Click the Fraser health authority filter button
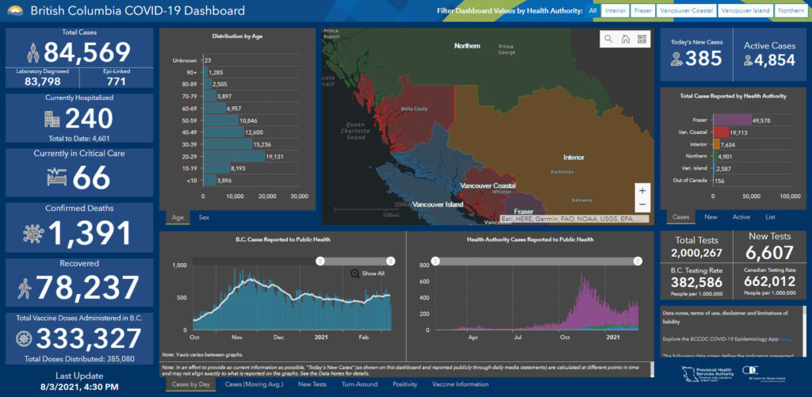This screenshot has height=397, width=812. [x=642, y=11]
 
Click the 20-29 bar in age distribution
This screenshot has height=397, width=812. [x=235, y=157]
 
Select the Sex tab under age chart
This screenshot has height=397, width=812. [x=204, y=217]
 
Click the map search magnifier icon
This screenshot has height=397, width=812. [x=608, y=39]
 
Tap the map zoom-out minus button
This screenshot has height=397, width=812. [x=642, y=205]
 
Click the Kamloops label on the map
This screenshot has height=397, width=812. [x=563, y=171]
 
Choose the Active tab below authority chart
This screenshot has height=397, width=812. [x=741, y=216]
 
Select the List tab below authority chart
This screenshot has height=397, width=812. [x=770, y=216]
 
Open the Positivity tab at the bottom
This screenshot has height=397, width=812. [x=404, y=384]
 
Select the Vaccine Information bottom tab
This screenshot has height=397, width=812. [x=460, y=384]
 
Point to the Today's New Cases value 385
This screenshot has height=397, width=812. [x=704, y=58]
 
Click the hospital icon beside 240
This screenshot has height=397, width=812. [x=52, y=120]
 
